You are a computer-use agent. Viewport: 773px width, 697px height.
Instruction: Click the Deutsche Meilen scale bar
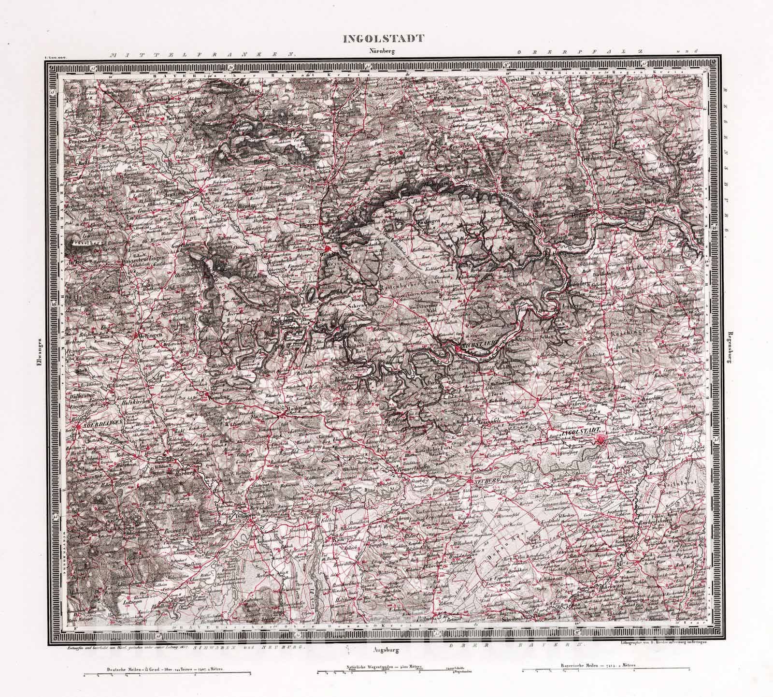point(167,673)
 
